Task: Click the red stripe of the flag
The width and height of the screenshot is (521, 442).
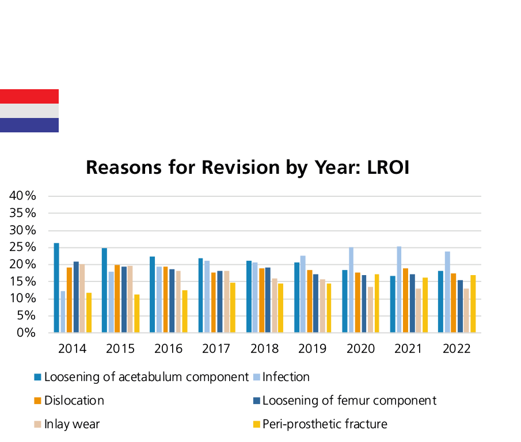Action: [29, 96]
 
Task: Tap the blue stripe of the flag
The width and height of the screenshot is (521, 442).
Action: [29, 125]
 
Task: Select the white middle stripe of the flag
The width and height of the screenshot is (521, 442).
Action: [29, 110]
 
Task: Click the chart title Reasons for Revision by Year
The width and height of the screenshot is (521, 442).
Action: [248, 167]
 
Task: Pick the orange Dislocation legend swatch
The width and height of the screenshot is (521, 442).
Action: [37, 401]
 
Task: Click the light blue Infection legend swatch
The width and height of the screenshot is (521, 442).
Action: [257, 378]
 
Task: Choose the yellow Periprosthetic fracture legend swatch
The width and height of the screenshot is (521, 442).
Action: [257, 424]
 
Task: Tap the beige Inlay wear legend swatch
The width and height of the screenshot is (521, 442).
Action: [37, 424]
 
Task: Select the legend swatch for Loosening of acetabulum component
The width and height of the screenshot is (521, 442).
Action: [37, 378]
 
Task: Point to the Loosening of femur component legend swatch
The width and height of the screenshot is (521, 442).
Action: [257, 401]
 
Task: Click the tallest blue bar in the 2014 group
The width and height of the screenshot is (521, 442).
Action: [56, 288]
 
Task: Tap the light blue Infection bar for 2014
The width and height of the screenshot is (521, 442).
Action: [63, 311]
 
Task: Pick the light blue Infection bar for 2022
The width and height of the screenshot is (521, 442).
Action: [447, 292]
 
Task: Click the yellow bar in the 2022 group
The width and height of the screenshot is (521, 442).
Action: [473, 304]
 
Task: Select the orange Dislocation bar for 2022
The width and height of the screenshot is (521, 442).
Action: [454, 303]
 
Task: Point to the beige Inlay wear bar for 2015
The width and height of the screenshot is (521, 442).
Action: [130, 299]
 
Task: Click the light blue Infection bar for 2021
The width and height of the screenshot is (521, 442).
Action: [399, 289]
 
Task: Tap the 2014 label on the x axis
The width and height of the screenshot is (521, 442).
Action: [73, 348]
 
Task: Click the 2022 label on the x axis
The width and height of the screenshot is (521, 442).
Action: [457, 348]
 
